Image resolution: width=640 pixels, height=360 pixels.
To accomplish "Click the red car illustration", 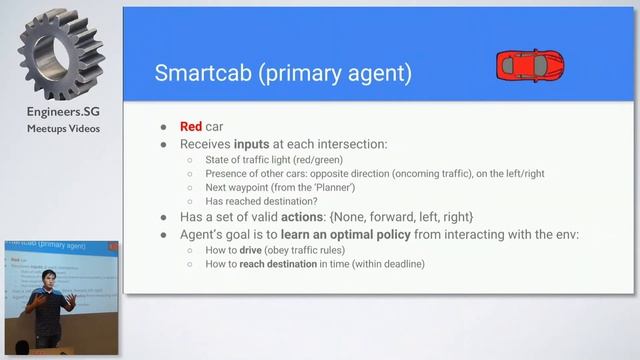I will coord(530,66).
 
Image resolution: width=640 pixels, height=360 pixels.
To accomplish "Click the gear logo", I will coord(61,56).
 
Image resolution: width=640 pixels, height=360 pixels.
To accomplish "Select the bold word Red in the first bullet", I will coord(191,127).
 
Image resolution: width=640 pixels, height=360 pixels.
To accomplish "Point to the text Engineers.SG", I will coord(63,112).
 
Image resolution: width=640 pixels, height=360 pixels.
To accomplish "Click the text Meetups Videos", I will coord(63,128).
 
